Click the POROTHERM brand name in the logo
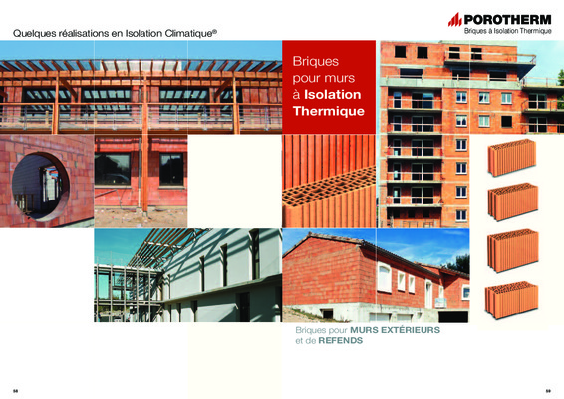click(x=507, y=19)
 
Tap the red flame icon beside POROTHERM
click(x=455, y=19)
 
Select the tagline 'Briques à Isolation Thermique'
click(x=507, y=31)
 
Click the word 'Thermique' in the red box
click(x=329, y=111)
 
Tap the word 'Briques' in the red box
click(x=316, y=61)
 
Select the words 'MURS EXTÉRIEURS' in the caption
click(x=395, y=330)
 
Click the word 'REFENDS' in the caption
click(x=340, y=341)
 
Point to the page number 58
click(x=15, y=391)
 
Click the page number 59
click(x=548, y=391)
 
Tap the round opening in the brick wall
click(x=40, y=187)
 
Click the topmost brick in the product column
click(x=512, y=158)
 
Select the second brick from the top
click(x=513, y=202)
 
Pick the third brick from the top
click(x=513, y=251)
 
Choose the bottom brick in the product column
click(x=511, y=300)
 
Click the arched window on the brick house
click(x=384, y=277)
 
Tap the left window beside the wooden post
click(x=113, y=169)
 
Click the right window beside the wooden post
click(x=171, y=169)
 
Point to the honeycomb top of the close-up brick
click(x=329, y=187)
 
